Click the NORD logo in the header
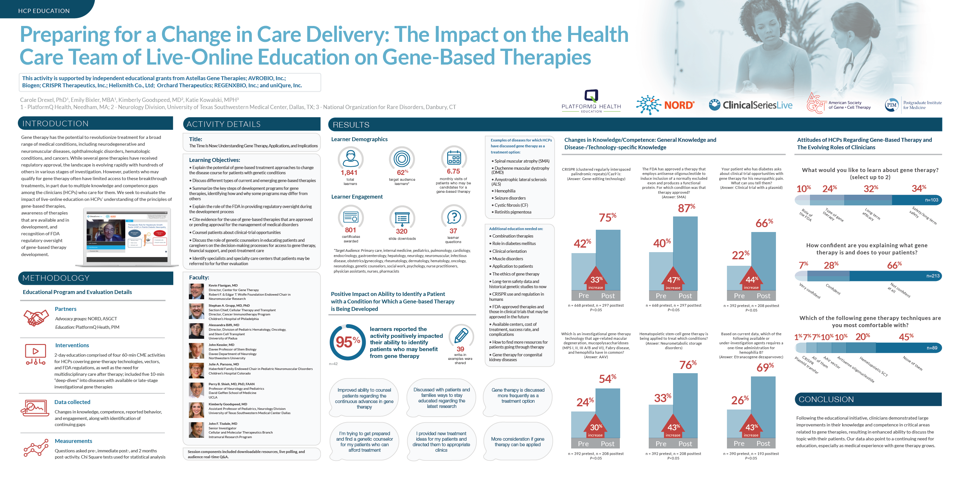pos(665,105)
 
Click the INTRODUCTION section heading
pos(55,124)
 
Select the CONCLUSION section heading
pos(826,399)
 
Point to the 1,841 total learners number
pos(349,173)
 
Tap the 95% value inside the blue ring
pos(347,342)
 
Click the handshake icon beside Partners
pos(36,318)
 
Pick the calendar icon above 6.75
pos(454,158)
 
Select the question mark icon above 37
pos(454,217)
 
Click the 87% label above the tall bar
pos(686,208)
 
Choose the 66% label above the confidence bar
pos(894,265)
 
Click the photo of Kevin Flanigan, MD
pos(196,292)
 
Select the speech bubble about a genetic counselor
pos(364,442)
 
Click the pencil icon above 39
pos(461,336)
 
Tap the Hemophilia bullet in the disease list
pos(505,191)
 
